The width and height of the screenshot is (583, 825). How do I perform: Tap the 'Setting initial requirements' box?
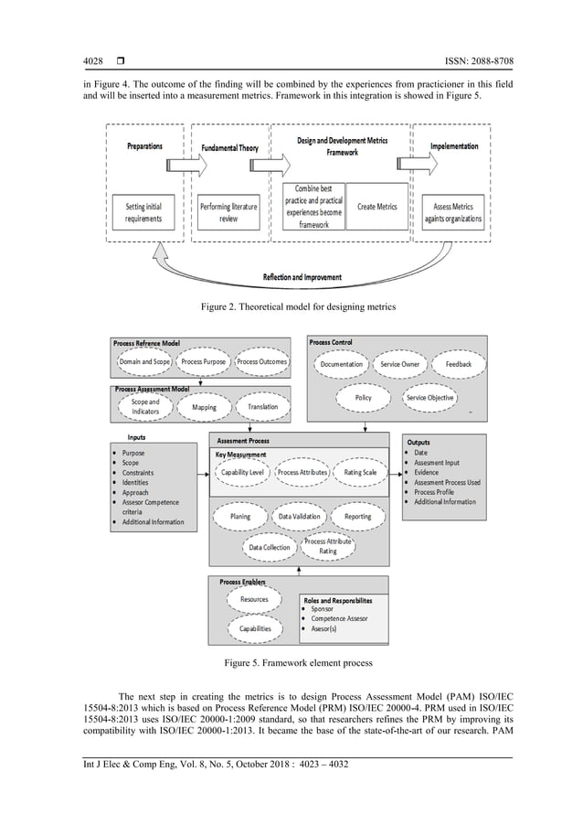[x=143, y=212]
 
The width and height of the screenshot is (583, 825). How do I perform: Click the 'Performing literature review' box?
[x=228, y=212]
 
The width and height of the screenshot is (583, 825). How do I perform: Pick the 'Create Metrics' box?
[x=376, y=207]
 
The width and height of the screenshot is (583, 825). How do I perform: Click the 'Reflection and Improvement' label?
[x=302, y=276]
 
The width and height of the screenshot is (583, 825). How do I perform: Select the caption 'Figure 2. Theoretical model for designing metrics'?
[x=291, y=305]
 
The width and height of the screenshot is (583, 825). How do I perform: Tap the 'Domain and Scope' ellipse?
[x=143, y=362]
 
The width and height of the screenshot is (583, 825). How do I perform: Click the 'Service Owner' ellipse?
[x=399, y=364]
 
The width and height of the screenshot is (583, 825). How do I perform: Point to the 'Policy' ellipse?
[x=363, y=398]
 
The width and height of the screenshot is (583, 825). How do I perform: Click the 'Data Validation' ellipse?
[x=299, y=517]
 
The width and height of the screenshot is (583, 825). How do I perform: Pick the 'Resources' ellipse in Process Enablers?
[x=254, y=600]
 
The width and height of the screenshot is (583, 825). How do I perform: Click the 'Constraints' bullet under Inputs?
[x=140, y=473]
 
